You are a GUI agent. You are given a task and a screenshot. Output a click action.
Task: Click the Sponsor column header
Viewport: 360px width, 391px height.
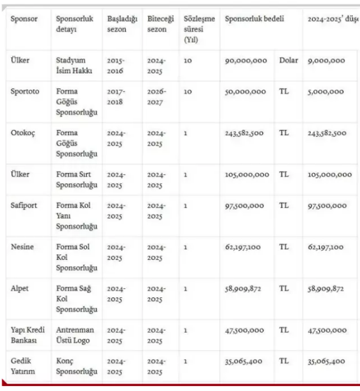(x=24, y=18)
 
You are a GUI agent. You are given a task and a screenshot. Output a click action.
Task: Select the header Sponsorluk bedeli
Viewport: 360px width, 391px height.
(x=254, y=18)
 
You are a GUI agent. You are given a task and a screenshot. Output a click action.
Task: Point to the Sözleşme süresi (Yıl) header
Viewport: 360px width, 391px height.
(x=199, y=29)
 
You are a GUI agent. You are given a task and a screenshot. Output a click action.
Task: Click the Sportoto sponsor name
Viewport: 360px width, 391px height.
(x=25, y=91)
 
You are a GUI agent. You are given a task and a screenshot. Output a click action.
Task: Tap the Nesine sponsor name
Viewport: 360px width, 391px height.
(x=23, y=246)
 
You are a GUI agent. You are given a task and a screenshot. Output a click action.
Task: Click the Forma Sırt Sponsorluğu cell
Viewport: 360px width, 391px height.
(x=77, y=179)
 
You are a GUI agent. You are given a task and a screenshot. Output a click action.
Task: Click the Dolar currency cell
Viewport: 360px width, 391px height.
(x=289, y=60)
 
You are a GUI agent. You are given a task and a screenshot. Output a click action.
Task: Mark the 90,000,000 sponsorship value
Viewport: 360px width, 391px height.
(x=246, y=60)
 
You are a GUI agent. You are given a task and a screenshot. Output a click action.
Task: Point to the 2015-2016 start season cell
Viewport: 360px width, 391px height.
(x=116, y=66)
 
